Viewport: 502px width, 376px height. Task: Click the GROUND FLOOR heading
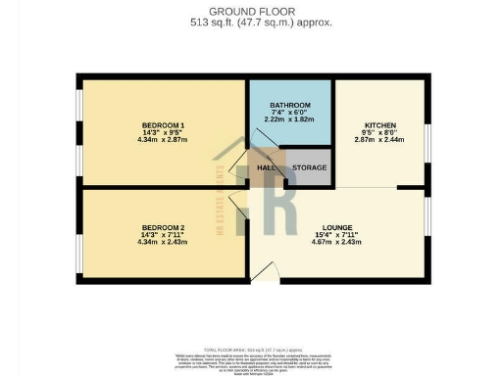pos(251,8)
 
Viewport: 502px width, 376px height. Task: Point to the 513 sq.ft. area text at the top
pos(251,21)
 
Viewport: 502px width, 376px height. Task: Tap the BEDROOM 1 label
pos(163,125)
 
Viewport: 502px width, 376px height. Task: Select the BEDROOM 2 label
pos(163,228)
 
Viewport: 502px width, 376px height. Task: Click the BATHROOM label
pos(290,105)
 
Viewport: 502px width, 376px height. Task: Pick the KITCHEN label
pos(379,126)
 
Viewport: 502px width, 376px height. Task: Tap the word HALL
pos(266,168)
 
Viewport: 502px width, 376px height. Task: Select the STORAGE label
pos(310,168)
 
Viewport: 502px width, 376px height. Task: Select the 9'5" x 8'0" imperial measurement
pos(379,134)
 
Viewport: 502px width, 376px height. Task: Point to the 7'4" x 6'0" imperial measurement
pos(290,113)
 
